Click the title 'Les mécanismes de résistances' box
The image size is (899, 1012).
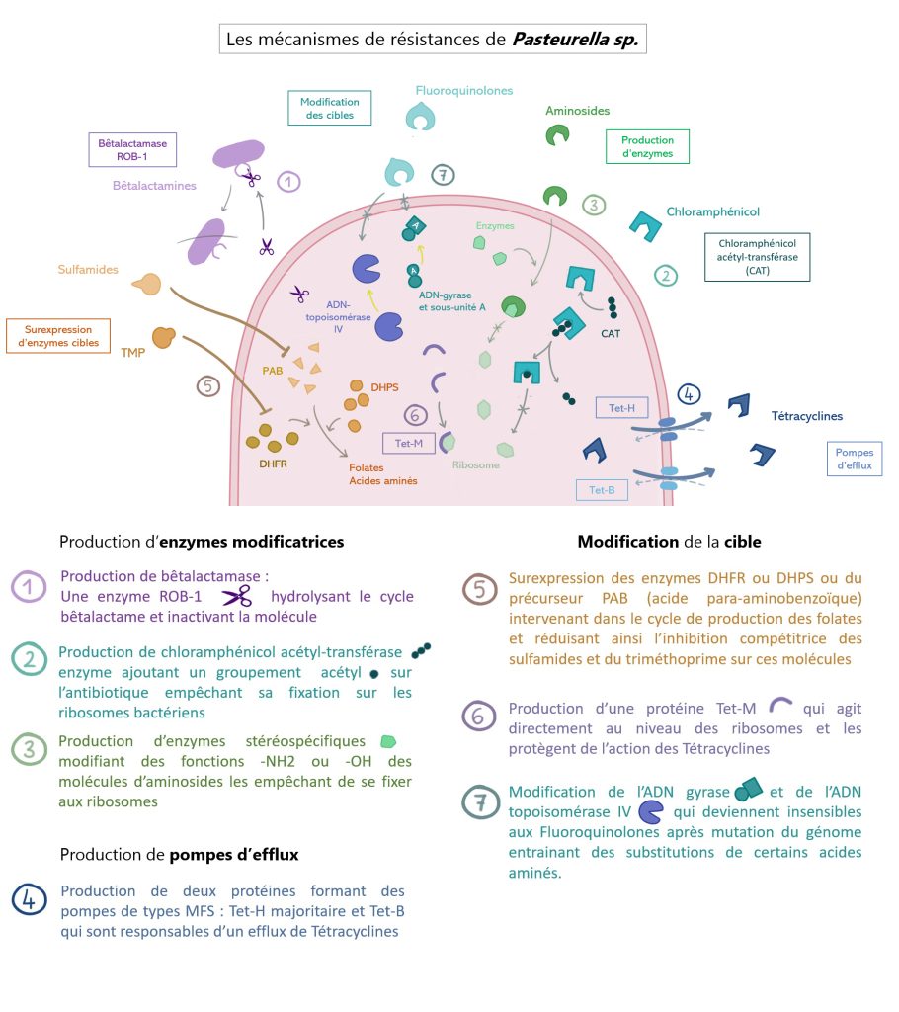tap(433, 40)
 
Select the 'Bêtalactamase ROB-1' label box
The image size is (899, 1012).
tap(131, 149)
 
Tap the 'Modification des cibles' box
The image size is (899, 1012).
tap(324, 109)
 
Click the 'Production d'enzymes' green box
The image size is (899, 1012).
tap(647, 147)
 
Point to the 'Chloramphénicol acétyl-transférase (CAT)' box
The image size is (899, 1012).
tap(757, 257)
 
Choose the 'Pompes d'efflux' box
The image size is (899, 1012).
tap(855, 459)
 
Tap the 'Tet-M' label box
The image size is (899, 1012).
tap(409, 444)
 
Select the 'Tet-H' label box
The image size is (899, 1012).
tap(622, 407)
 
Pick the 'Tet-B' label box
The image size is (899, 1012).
tap(602, 490)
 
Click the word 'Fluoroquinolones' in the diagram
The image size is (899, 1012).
tap(464, 90)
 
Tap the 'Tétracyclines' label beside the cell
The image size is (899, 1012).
tap(806, 416)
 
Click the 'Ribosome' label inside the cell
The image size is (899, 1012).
tap(475, 464)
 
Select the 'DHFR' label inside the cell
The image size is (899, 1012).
tap(274, 462)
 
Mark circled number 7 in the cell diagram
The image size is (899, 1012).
tap(444, 175)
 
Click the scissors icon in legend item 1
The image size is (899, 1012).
tap(237, 596)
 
